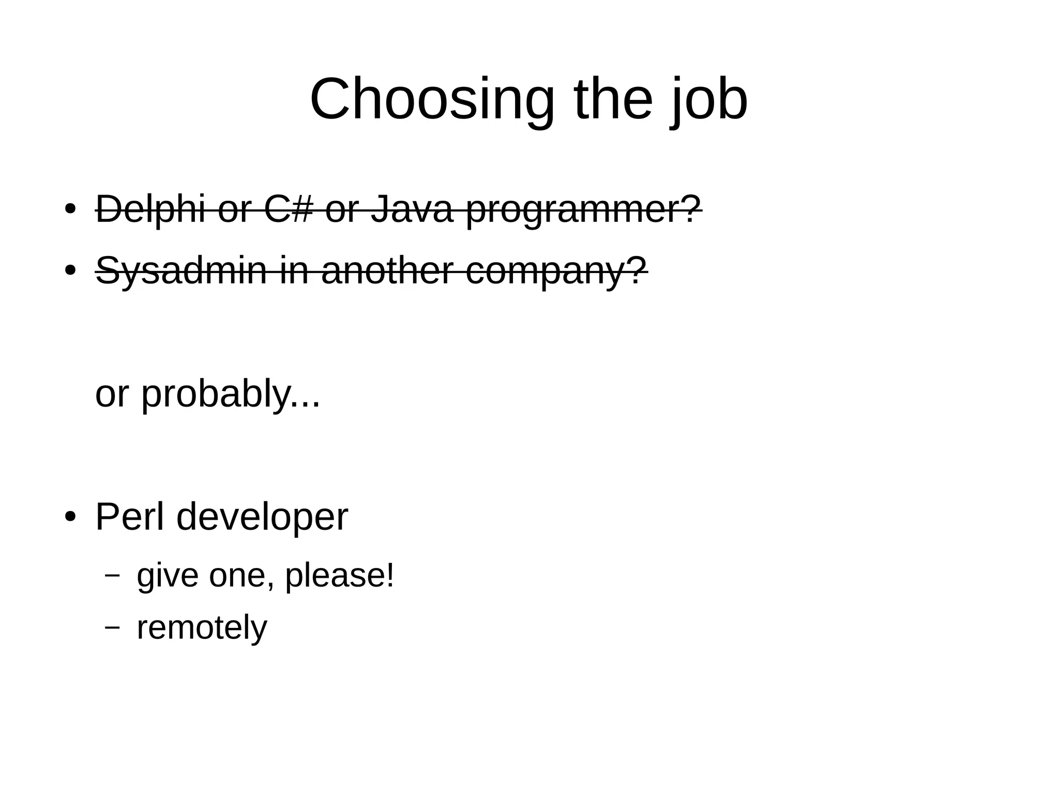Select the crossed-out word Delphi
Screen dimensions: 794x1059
[150, 209]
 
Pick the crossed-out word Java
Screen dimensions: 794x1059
[412, 209]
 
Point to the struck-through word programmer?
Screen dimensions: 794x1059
[583, 210]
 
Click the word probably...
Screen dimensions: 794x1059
[214, 394]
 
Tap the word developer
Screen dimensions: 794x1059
[262, 517]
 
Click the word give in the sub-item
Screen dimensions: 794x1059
[167, 575]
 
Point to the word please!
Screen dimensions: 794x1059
[339, 575]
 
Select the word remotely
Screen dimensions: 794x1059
[202, 627]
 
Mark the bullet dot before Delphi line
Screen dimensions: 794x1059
[70, 209]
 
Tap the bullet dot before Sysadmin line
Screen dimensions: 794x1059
[70, 271]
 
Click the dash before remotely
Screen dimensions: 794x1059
[112, 627]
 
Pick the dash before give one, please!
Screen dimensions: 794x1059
[112, 575]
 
